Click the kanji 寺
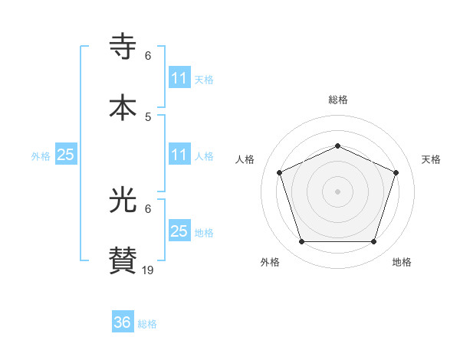point(123,48)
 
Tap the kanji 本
point(123,106)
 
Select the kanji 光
point(123,201)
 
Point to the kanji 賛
point(123,260)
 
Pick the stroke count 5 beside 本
point(148,116)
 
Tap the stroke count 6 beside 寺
point(148,55)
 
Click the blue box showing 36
point(123,322)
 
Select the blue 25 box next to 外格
point(66,155)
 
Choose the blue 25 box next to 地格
point(179,231)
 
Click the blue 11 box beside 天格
point(179,78)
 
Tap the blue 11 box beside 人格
point(179,155)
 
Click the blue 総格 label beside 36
point(147,324)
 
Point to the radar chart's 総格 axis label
point(337,100)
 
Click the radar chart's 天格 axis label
point(431,159)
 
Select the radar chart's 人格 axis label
point(245,159)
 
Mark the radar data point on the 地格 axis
point(373,242)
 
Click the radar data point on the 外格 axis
point(301,242)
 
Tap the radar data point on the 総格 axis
point(337,146)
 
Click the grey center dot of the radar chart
point(337,191)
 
